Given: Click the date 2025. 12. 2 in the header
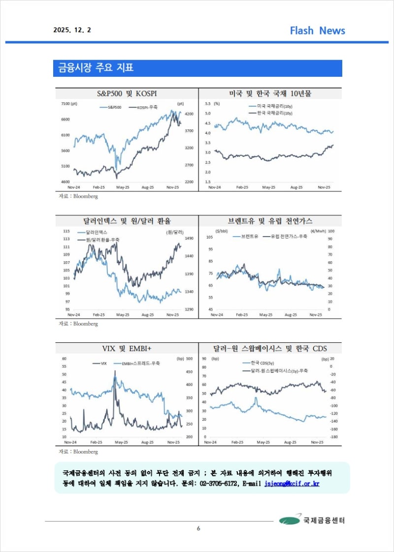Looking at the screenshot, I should pyautogui.click(x=72, y=30).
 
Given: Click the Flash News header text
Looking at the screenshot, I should pyautogui.click(x=317, y=31).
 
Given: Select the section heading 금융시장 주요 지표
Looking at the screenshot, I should pyautogui.click(x=93, y=68).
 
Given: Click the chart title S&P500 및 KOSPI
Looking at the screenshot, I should pyautogui.click(x=127, y=93).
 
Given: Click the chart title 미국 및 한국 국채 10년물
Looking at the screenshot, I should pyautogui.click(x=270, y=93).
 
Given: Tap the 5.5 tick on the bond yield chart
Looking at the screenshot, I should pyautogui.click(x=207, y=104).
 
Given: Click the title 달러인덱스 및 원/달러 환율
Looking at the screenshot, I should pyautogui.click(x=127, y=221).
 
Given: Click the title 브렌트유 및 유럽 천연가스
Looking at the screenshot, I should pyautogui.click(x=270, y=221).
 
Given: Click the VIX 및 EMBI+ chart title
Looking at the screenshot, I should pyautogui.click(x=127, y=348).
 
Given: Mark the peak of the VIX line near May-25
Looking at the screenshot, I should pyautogui.click(x=115, y=371).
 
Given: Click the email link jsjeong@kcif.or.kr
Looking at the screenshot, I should pyautogui.click(x=292, y=484).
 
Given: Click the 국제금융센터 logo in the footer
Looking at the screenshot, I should pyautogui.click(x=312, y=520).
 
